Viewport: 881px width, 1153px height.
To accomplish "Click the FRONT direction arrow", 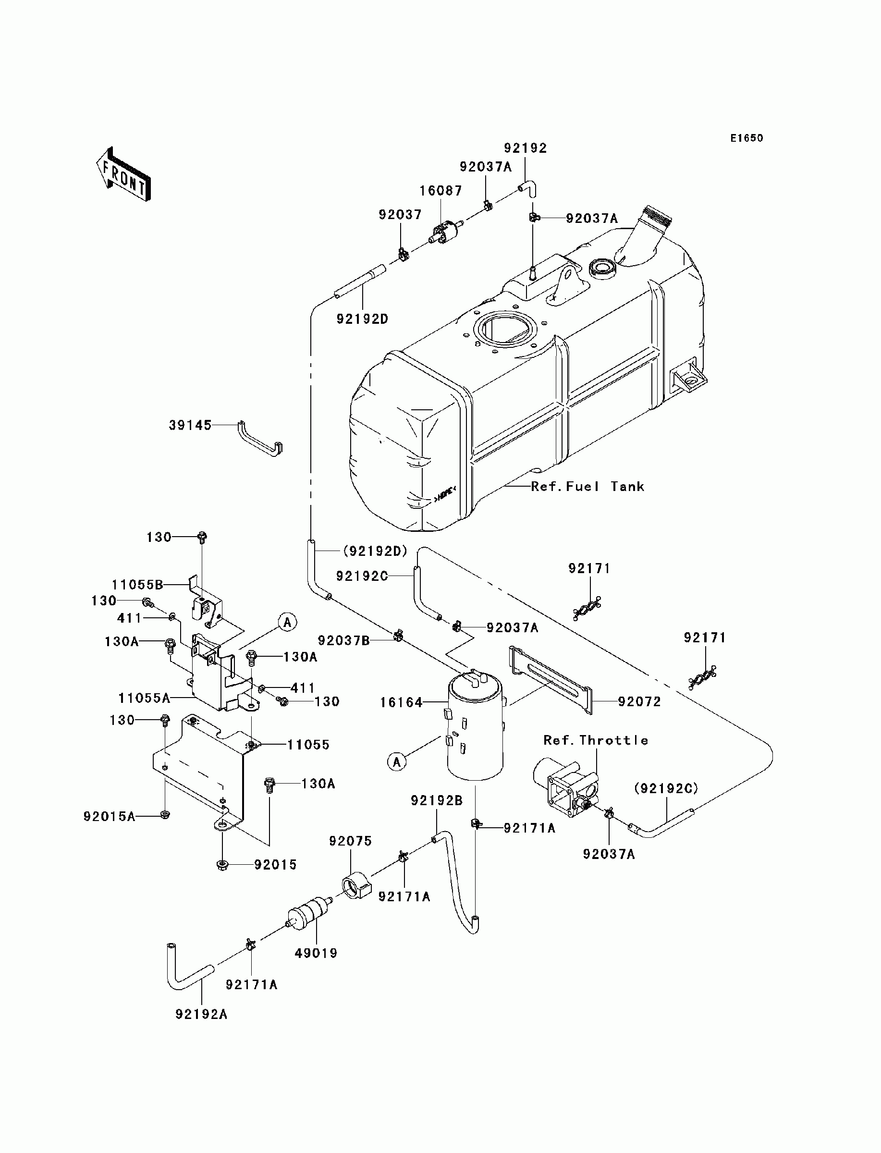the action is [124, 174].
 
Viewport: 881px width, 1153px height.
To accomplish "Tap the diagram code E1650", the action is [747, 138].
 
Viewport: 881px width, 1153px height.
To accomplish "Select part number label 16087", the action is [441, 191].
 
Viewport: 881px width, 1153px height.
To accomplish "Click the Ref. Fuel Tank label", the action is [588, 487].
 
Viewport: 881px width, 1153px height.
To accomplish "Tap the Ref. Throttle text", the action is [596, 740].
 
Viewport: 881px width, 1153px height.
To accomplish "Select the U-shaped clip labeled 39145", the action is [260, 441].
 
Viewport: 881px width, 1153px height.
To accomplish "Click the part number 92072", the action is [639, 701].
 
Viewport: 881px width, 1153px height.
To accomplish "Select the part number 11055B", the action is [137, 585].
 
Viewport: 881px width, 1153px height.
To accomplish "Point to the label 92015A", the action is [109, 816].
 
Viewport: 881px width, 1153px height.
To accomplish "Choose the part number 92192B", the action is [436, 801].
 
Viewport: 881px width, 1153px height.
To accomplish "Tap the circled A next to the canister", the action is [397, 761].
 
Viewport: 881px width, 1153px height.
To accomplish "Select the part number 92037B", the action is [344, 640].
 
